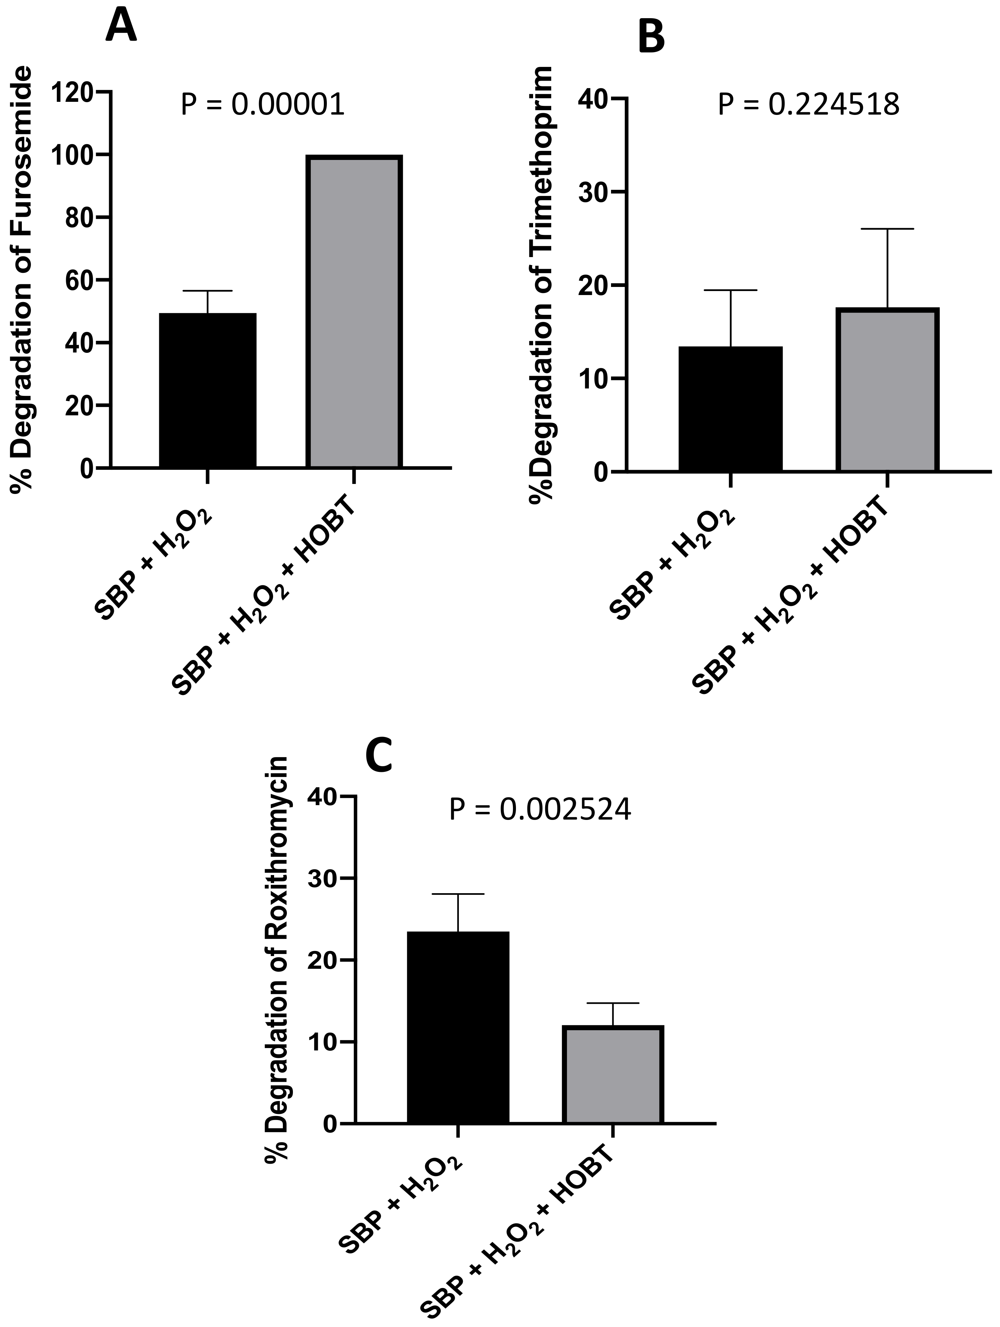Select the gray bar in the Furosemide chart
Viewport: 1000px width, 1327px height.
pos(354,312)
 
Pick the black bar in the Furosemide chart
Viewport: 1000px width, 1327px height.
pos(208,390)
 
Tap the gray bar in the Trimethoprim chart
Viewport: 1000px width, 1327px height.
pos(887,390)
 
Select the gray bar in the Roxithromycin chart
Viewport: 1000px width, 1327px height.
pos(613,1074)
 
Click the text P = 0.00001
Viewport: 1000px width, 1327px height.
pos(263,105)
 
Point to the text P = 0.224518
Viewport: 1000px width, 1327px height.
pos(809,105)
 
